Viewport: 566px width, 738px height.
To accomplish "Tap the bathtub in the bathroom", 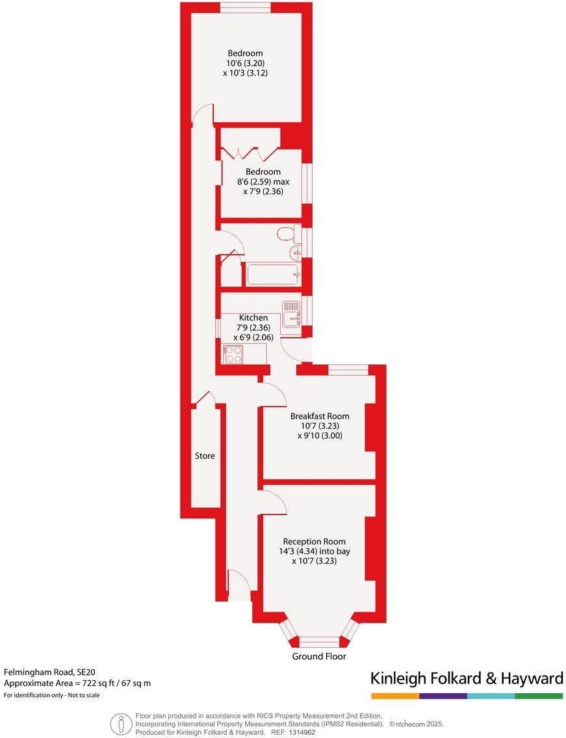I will point(272,275).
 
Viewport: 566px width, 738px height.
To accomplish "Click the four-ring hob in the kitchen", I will point(233,354).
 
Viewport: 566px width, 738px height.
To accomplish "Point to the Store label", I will point(205,456).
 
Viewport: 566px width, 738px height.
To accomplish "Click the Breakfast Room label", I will point(320,416).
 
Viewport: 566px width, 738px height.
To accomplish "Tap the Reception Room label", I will point(314,541).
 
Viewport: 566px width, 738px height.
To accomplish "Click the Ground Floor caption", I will point(318,657).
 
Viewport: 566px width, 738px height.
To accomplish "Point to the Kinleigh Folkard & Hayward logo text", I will point(467,679).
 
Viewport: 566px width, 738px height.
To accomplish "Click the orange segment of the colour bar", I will point(395,696).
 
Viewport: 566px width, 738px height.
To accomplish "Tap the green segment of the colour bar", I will point(539,696).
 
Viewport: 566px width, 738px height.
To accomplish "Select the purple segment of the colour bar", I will point(443,696).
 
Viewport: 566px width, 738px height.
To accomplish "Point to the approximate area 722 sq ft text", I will point(77,683).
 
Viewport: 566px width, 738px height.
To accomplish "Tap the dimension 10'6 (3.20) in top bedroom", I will point(245,63).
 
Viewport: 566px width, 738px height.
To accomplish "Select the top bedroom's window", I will point(245,7).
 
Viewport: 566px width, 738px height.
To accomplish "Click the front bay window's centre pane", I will point(318,642).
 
